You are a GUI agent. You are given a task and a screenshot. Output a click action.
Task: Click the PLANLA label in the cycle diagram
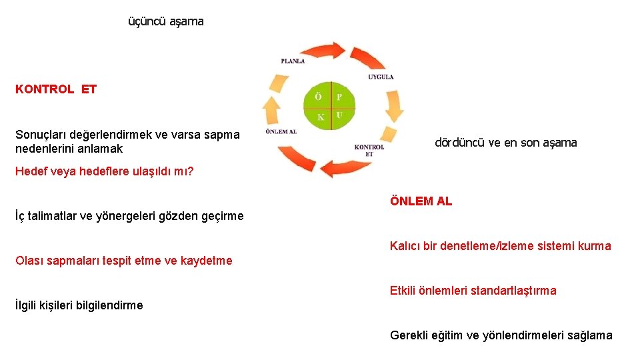[293, 61]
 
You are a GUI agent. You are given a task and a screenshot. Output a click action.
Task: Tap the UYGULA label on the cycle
[381, 77]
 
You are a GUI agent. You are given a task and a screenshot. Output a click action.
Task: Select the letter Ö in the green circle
[319, 97]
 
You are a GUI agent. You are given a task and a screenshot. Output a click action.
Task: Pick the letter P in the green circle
[339, 97]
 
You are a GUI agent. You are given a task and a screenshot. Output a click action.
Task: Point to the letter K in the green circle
[321, 117]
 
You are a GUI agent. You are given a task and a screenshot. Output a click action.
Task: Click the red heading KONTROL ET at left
[56, 89]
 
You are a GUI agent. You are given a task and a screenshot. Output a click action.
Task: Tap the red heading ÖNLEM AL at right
[421, 201]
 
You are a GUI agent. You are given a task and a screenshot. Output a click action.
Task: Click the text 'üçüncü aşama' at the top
[166, 21]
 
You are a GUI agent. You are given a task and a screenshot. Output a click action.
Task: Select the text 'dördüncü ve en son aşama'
[505, 142]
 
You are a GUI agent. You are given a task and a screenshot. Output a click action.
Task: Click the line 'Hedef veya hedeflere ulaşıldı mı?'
[105, 171]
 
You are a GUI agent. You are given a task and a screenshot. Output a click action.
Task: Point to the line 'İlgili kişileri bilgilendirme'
[79, 305]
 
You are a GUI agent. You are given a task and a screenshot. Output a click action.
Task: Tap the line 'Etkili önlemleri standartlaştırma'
[473, 291]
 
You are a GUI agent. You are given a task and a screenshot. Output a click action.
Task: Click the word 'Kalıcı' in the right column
[405, 246]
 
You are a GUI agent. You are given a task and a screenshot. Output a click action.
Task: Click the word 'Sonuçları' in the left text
[41, 135]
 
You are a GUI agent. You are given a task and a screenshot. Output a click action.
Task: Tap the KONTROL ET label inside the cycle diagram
[369, 150]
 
